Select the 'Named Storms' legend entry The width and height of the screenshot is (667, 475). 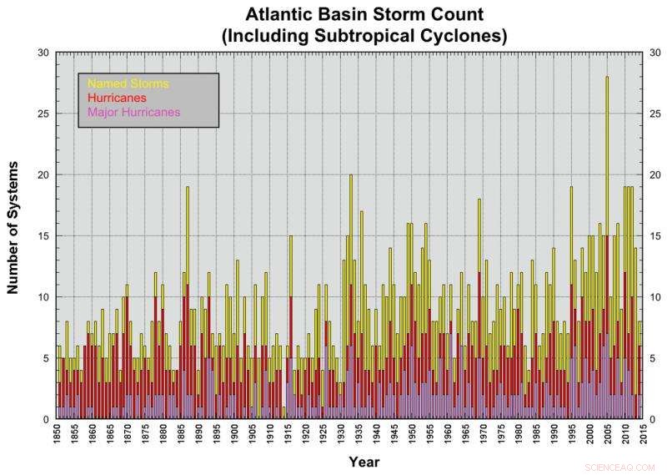128,84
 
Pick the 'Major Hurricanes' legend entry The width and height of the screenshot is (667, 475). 133,112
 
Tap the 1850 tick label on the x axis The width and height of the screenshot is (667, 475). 56,435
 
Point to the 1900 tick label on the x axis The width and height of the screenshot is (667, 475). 236,435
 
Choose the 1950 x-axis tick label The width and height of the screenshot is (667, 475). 411,435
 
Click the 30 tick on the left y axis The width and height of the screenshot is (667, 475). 44,53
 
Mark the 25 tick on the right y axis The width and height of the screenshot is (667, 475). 654,114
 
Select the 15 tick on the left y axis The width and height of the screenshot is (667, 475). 44,235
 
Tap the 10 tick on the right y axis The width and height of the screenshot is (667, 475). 654,297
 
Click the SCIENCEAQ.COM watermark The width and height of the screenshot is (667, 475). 620,467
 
